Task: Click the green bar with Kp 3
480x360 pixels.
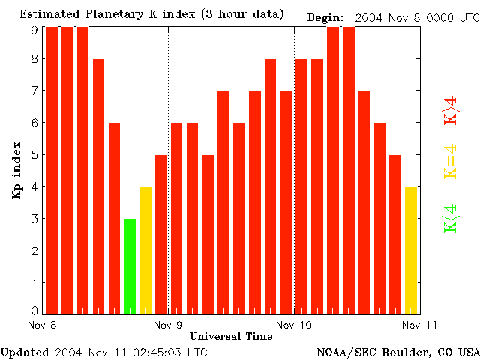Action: click(x=130, y=266)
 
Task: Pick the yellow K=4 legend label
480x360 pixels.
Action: click(x=451, y=162)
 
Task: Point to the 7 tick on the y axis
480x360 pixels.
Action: click(x=34, y=91)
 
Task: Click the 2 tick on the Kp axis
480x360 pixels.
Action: click(x=34, y=251)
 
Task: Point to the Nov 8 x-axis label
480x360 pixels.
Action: click(x=43, y=325)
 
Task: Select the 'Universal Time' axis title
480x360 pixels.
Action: click(x=231, y=336)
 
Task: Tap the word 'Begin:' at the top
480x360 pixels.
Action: click(x=326, y=17)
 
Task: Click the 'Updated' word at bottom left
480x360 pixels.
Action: click(x=25, y=351)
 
